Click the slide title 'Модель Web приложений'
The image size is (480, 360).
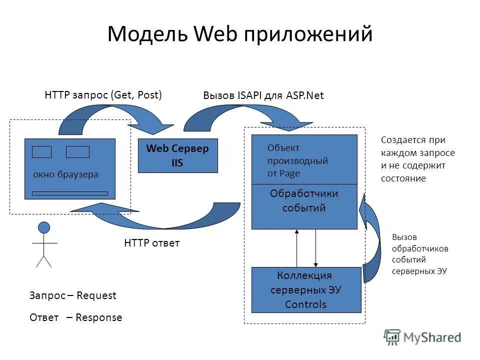pyautogui.click(x=239, y=34)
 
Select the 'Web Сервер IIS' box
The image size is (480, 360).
pyautogui.click(x=177, y=155)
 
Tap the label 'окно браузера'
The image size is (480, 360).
pyautogui.click(x=65, y=174)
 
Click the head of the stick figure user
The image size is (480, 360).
pyautogui.click(x=44, y=228)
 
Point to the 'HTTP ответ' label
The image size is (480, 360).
pyautogui.click(x=151, y=243)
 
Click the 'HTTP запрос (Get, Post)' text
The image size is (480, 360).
pyautogui.click(x=103, y=95)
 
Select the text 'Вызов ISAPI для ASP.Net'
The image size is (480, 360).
pyautogui.click(x=263, y=96)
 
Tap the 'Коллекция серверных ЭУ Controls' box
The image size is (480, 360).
pyautogui.click(x=305, y=290)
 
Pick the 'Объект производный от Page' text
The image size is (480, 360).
pyautogui.click(x=297, y=160)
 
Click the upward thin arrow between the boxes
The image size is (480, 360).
pyautogui.click(x=297, y=248)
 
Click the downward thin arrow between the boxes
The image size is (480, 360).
pyautogui.click(x=315, y=248)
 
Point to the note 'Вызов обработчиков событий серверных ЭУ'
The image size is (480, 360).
pyautogui.click(x=419, y=254)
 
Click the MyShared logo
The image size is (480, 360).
pyautogui.click(x=422, y=337)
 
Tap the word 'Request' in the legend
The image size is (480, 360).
pyautogui.click(x=96, y=295)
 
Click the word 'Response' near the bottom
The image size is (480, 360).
pyautogui.click(x=98, y=317)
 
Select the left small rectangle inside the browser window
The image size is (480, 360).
pyautogui.click(x=41, y=152)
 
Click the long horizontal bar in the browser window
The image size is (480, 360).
pyautogui.click(x=69, y=193)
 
